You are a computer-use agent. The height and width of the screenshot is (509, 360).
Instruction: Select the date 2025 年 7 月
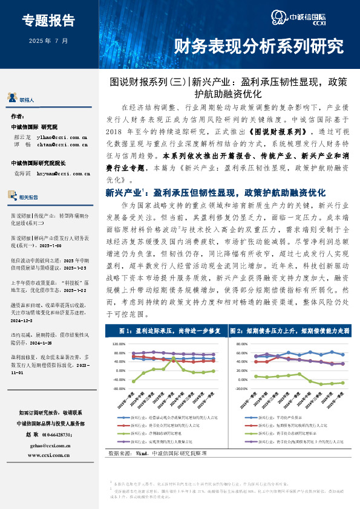pos(48,41)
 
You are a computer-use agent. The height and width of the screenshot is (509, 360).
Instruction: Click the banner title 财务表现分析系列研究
pos(258,46)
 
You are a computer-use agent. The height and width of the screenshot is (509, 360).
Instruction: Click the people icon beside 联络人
pos(11,99)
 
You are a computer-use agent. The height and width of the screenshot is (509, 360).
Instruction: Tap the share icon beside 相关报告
pos(12,196)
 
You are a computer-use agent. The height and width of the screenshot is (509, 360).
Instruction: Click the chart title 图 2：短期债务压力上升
pos(290,331)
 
